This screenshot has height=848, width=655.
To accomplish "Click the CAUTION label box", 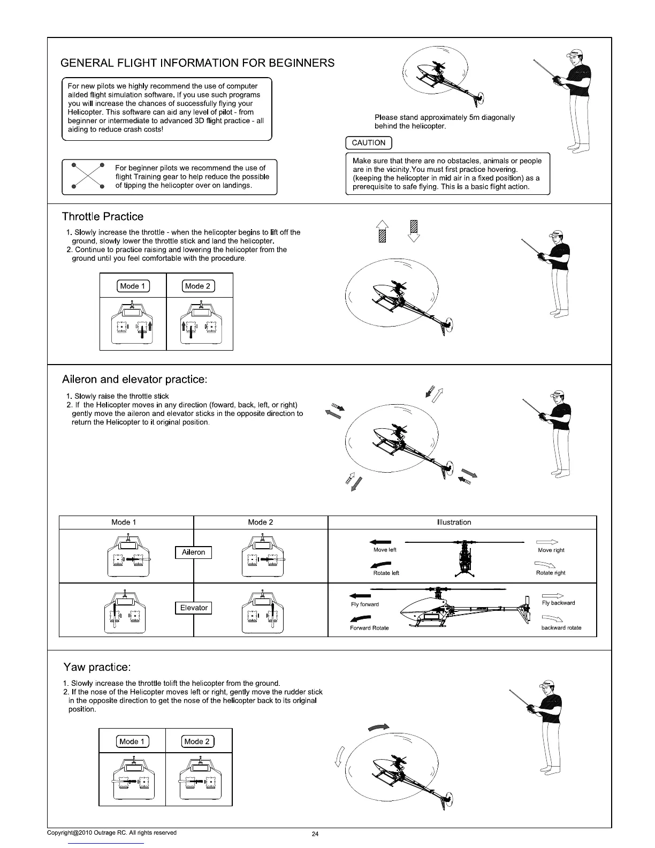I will [x=369, y=143].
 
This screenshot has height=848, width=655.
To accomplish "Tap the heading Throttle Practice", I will [x=103, y=217].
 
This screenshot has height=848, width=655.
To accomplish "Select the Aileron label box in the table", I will [x=193, y=552].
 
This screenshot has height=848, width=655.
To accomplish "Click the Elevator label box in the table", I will [x=193, y=608].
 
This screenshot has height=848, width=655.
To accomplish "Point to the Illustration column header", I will [x=454, y=523].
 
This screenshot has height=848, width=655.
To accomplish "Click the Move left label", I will [x=384, y=550].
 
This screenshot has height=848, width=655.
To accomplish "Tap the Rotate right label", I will [x=551, y=573].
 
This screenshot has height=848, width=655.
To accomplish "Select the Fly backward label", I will [x=558, y=603].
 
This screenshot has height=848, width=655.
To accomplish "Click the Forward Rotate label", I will [x=369, y=628].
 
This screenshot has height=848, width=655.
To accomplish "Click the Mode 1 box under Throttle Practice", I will [x=133, y=286].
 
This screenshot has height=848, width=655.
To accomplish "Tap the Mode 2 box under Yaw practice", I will [x=197, y=742].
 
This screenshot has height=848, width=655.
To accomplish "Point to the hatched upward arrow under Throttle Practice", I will [x=381, y=231].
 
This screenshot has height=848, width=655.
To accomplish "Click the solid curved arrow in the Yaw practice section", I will [x=379, y=728].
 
